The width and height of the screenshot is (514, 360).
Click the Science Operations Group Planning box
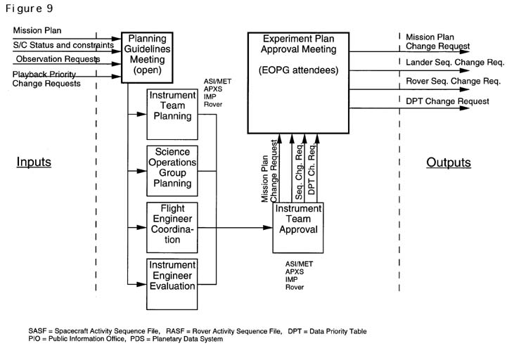pos(172,169)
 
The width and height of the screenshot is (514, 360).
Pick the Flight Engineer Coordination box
pos(172,227)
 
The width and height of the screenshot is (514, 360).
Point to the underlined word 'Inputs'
pos(34,162)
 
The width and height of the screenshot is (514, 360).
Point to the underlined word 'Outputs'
pos(448,162)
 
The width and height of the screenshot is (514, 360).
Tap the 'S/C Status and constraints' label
pos(63,46)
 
